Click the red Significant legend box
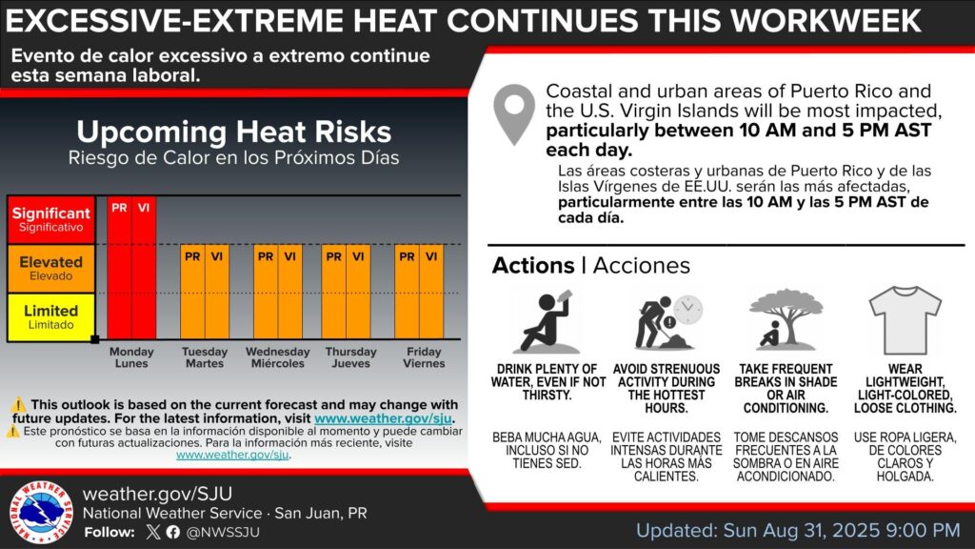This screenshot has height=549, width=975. [x=51, y=219]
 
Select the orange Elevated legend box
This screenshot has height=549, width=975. [x=51, y=268]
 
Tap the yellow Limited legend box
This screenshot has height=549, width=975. [x=51, y=316]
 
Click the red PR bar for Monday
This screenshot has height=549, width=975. [x=119, y=268]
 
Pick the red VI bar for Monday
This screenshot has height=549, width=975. [x=144, y=268]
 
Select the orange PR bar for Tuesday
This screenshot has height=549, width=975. [x=192, y=292]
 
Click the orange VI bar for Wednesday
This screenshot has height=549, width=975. [x=289, y=292]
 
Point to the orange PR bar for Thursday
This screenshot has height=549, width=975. [x=334, y=292]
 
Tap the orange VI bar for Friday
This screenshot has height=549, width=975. [x=431, y=292]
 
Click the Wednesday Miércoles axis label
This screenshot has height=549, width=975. [x=277, y=357]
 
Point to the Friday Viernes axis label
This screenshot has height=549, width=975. [x=424, y=357]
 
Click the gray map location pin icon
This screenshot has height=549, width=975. [x=514, y=115]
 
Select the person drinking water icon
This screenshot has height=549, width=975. [x=546, y=321]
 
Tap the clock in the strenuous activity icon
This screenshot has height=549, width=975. [x=687, y=309]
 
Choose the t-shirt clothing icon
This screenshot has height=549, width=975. [x=905, y=320]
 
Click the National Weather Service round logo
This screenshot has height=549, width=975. [x=42, y=512]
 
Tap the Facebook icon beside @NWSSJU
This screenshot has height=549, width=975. [x=173, y=532]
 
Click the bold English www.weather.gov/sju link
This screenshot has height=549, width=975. [x=383, y=418]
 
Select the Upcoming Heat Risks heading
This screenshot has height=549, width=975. [x=234, y=132]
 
